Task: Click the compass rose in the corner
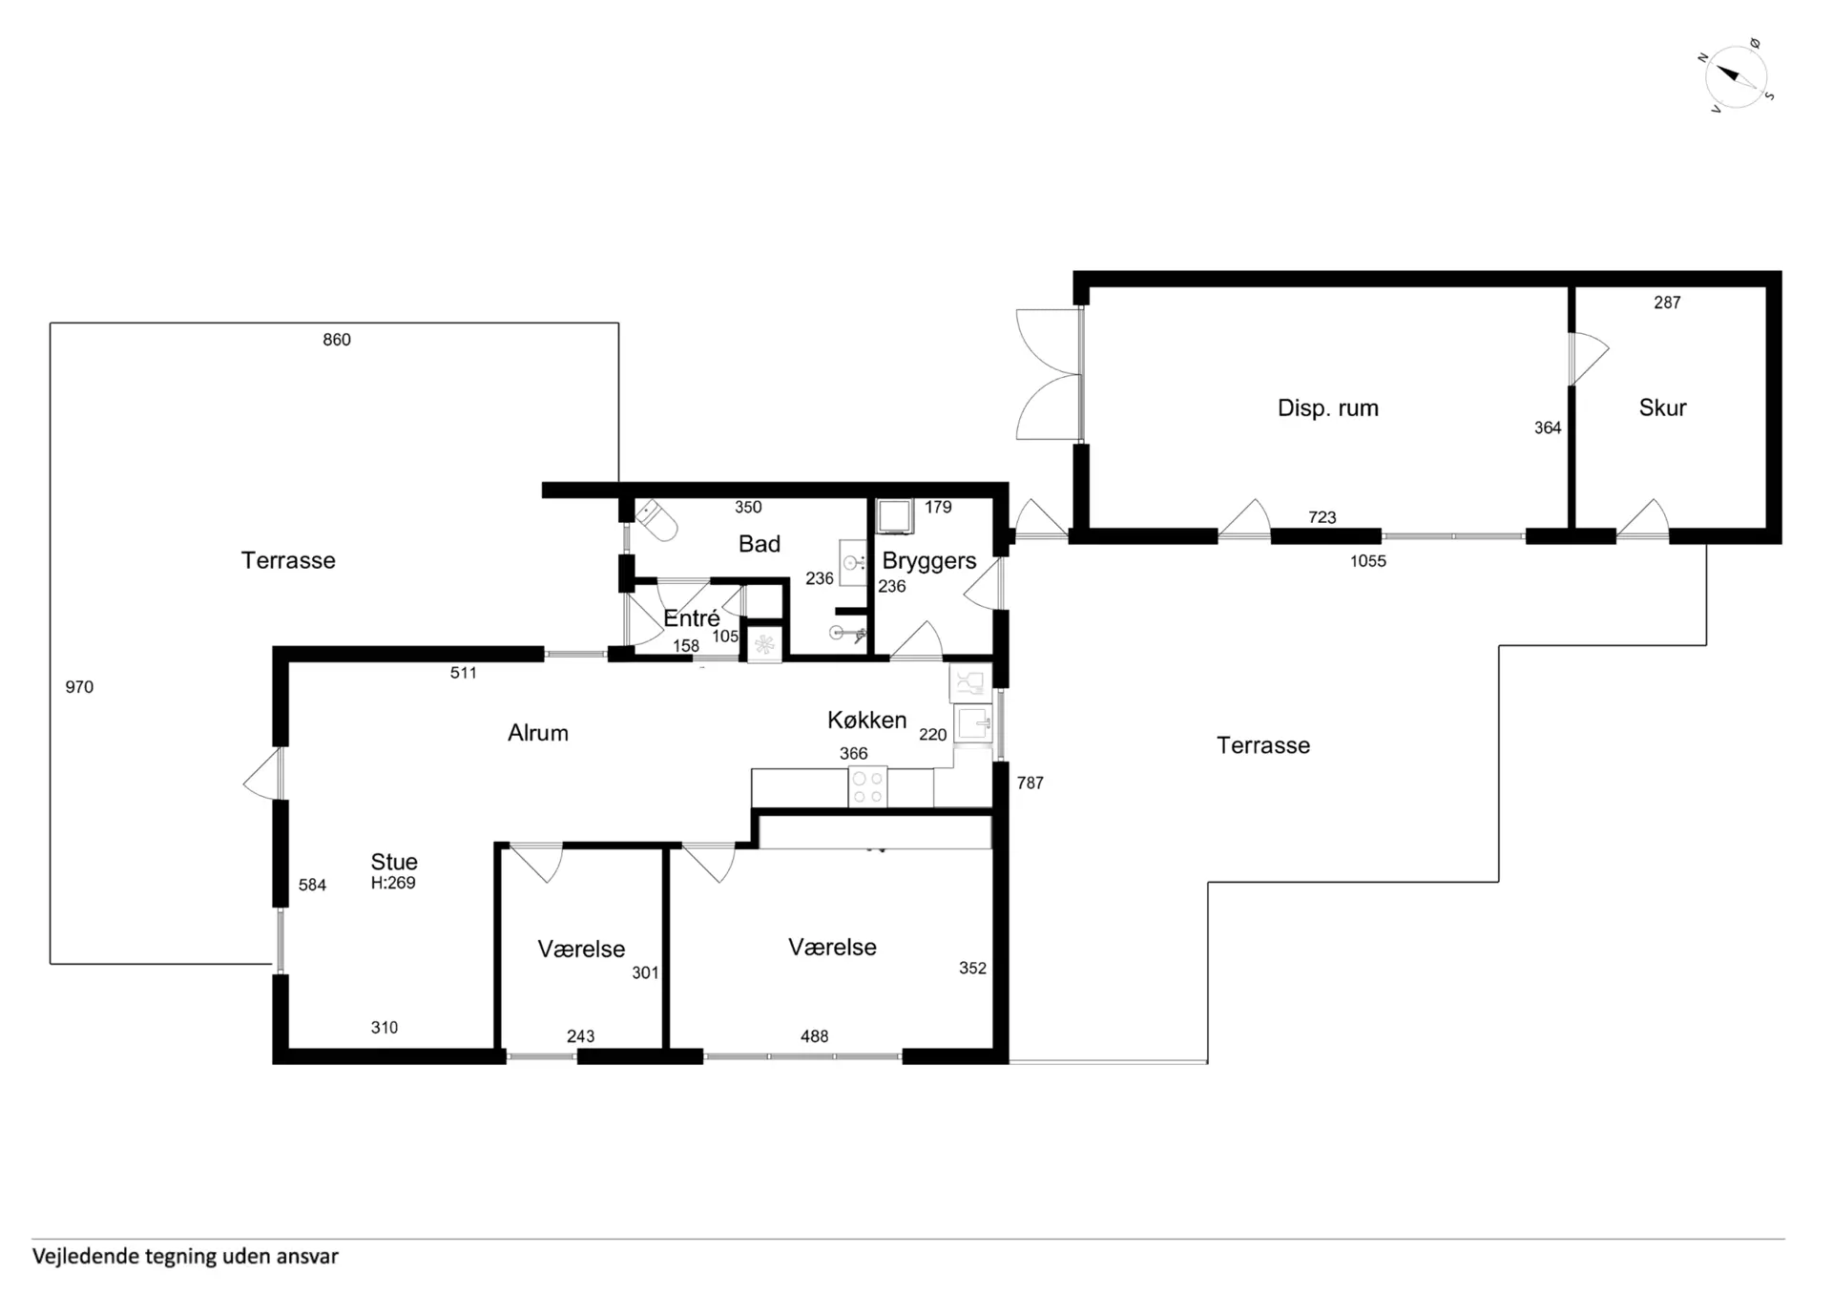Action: click(x=1737, y=76)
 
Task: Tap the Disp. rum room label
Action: click(x=1327, y=408)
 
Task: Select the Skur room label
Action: click(x=1662, y=407)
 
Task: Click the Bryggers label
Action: click(x=928, y=561)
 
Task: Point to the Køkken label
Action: click(x=866, y=720)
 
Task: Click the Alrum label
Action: click(x=538, y=733)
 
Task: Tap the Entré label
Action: click(x=691, y=618)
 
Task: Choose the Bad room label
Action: click(x=760, y=544)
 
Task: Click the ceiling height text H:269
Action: click(x=393, y=884)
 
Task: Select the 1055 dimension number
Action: click(x=1367, y=561)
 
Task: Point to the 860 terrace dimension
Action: click(x=337, y=340)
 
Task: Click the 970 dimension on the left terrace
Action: click(x=79, y=687)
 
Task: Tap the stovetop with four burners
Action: click(x=867, y=787)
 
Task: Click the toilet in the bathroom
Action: click(x=656, y=520)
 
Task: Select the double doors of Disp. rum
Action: click(x=1049, y=374)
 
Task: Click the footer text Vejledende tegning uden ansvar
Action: click(x=185, y=1256)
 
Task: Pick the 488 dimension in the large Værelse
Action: click(x=814, y=1036)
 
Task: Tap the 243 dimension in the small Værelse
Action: click(x=580, y=1036)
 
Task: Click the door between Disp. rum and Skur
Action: click(x=1589, y=358)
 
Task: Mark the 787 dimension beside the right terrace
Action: click(x=1030, y=783)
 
